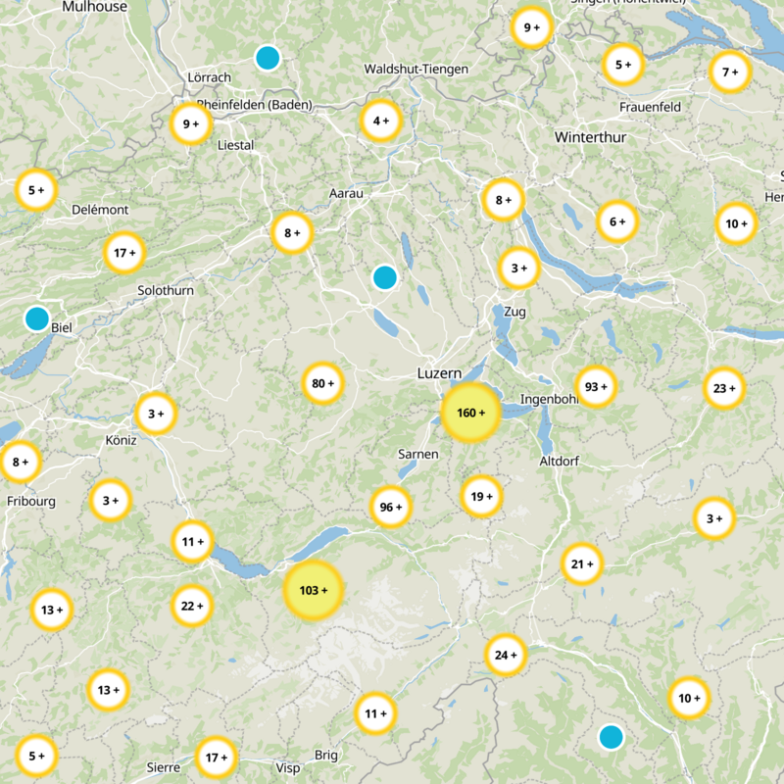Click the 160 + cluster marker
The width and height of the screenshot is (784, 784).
pyautogui.click(x=471, y=413)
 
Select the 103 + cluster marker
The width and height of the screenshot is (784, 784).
pyautogui.click(x=314, y=590)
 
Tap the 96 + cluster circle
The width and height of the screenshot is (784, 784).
pyautogui.click(x=391, y=507)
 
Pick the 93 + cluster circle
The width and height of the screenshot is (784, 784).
pyautogui.click(x=596, y=387)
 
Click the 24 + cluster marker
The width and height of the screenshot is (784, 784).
pyautogui.click(x=507, y=655)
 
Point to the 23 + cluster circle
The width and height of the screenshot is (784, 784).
pyautogui.click(x=725, y=388)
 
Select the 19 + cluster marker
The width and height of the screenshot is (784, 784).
pyautogui.click(x=481, y=496)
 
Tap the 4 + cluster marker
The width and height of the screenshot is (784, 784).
pyautogui.click(x=381, y=121)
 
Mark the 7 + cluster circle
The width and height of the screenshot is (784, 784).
pyautogui.click(x=730, y=72)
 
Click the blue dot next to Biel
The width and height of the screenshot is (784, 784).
pyautogui.click(x=37, y=318)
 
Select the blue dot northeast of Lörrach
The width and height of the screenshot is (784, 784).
pyautogui.click(x=267, y=58)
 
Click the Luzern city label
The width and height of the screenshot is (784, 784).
pyautogui.click(x=438, y=374)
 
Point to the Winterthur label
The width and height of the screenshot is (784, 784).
pyautogui.click(x=590, y=137)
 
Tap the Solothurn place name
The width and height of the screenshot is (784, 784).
pyautogui.click(x=166, y=290)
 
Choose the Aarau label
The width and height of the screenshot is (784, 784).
pyautogui.click(x=346, y=194)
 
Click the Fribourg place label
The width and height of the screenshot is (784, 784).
pyautogui.click(x=31, y=501)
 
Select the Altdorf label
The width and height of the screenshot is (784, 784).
pyautogui.click(x=562, y=461)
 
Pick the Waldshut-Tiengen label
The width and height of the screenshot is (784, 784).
pyautogui.click(x=416, y=70)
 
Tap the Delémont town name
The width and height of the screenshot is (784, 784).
pyautogui.click(x=100, y=210)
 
